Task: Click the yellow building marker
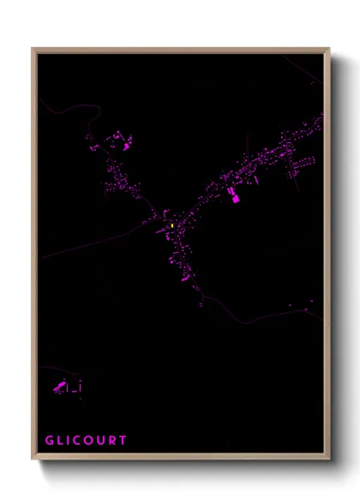pos(172,225)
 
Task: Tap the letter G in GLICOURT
pos(50,441)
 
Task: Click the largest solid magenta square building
pos(236,199)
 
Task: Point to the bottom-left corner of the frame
pos(33,459)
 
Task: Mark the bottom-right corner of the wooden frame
pos(328,459)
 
